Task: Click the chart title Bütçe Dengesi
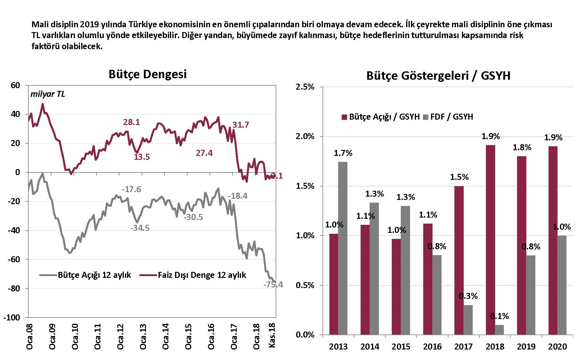pyautogui.click(x=147, y=74)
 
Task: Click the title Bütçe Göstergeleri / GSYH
pyautogui.click(x=438, y=76)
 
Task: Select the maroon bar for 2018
pyautogui.click(x=490, y=240)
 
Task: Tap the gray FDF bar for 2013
pyautogui.click(x=343, y=248)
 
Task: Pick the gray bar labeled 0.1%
pyautogui.click(x=499, y=329)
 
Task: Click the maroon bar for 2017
pyautogui.click(x=459, y=260)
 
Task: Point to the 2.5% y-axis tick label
pyautogui.click(x=305, y=87)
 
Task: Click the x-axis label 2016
pyautogui.click(x=432, y=347)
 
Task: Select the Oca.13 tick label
pyautogui.click(x=143, y=336)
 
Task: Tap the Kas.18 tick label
pyautogui.click(x=272, y=335)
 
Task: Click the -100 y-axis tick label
pyautogui.click(x=12, y=317)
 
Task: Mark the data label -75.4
pyautogui.click(x=273, y=284)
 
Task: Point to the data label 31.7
pyautogui.click(x=241, y=125)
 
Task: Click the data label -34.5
pyautogui.click(x=140, y=228)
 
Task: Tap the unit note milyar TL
pyautogui.click(x=48, y=94)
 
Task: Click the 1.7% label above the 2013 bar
pyautogui.click(x=343, y=153)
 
